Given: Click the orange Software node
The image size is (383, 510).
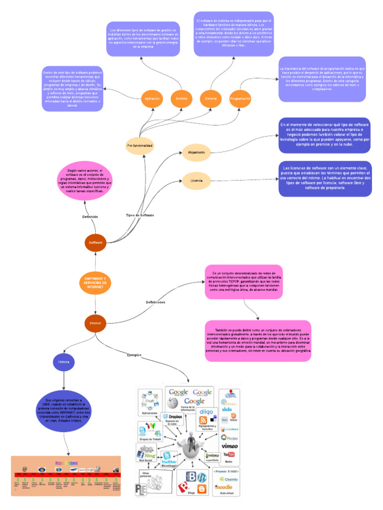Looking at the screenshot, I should pyautogui.click(x=95, y=243).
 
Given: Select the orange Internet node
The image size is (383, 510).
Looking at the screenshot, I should pyautogui.click(x=95, y=323).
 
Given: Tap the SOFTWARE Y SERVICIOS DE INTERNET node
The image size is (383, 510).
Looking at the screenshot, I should pyautogui.click(x=95, y=283).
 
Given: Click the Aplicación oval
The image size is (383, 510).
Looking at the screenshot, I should pyautogui.click(x=152, y=99).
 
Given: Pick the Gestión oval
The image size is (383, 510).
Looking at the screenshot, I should pyautogui.click(x=182, y=99).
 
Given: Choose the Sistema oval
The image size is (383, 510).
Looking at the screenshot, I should pyautogui.click(x=210, y=99).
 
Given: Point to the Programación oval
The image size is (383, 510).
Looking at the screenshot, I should pyautogui.click(x=240, y=99).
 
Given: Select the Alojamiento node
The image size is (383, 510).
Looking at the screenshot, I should pyautogui.click(x=196, y=152).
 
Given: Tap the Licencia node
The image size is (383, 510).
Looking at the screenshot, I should pyautogui.click(x=196, y=180).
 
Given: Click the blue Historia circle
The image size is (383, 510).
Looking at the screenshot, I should pyautogui.click(x=64, y=361).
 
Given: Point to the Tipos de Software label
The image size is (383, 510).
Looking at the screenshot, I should pyautogui.click(x=140, y=215).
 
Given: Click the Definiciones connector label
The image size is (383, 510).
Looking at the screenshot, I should pyautogui.click(x=156, y=302).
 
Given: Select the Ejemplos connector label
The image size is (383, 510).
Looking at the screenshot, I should pyautogui.click(x=134, y=355).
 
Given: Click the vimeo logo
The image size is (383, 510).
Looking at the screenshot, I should pyautogui.click(x=229, y=446).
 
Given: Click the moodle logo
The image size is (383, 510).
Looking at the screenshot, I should pyautogui.click(x=225, y=487).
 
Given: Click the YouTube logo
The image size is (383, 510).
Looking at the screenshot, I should pyautogui.click(x=229, y=455).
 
